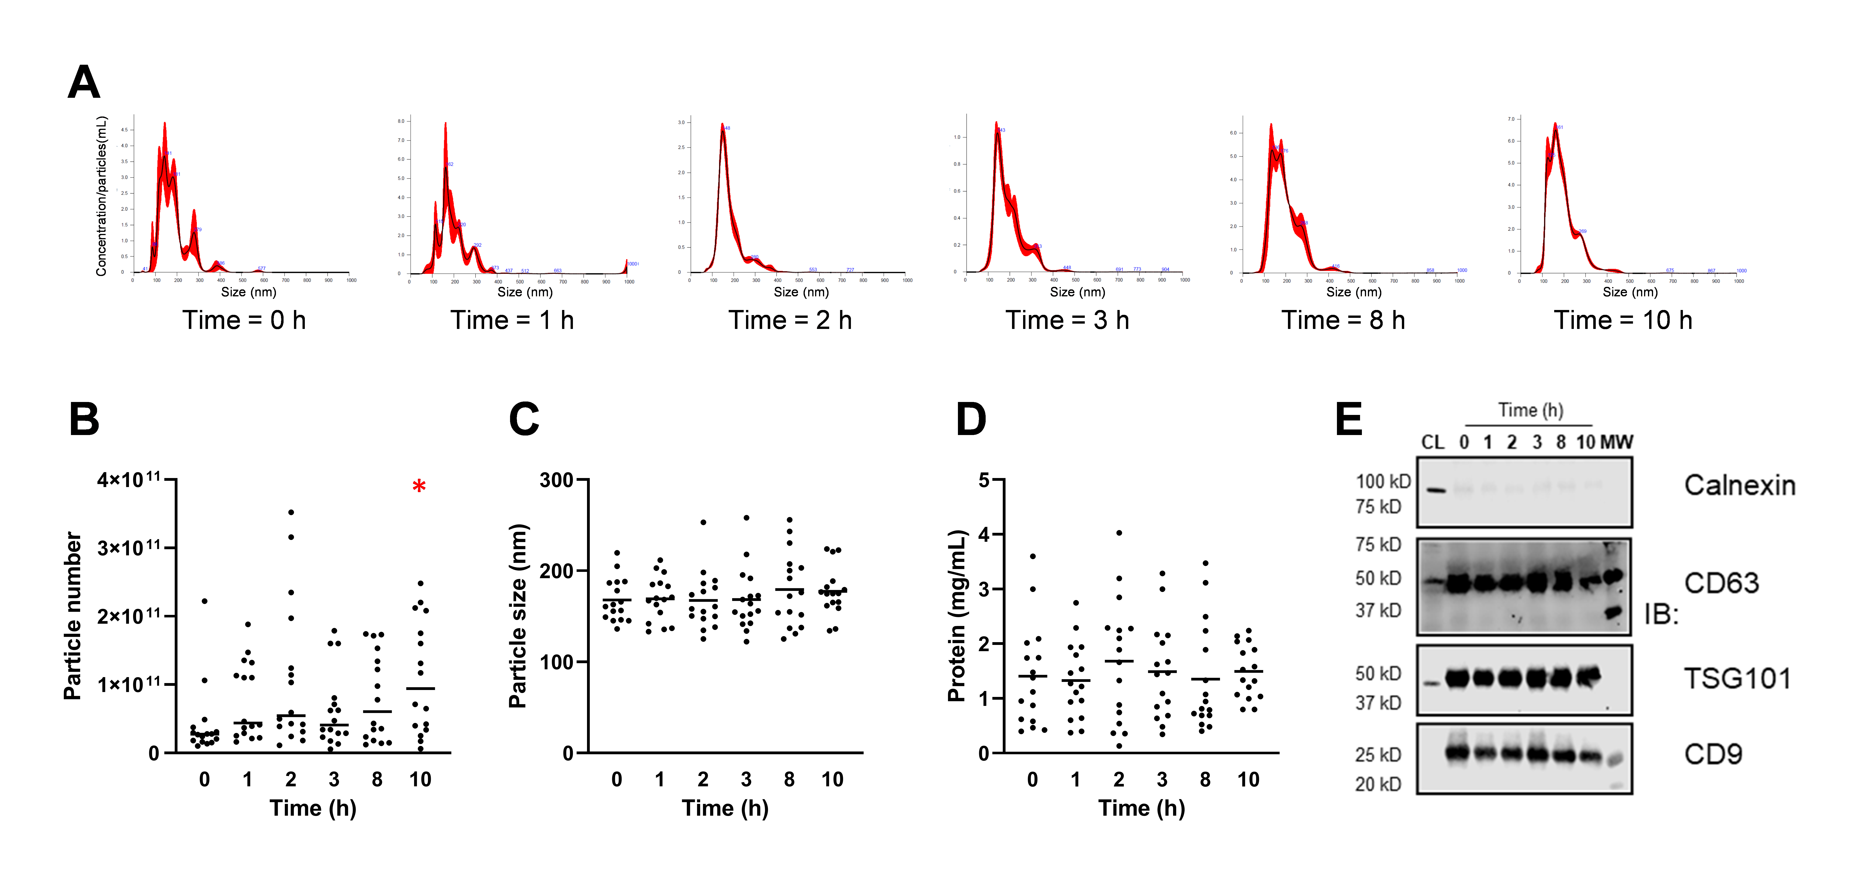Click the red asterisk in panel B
pyautogui.click(x=419, y=487)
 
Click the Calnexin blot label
pyautogui.click(x=1739, y=485)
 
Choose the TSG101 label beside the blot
pyautogui.click(x=1737, y=679)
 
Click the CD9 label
pyautogui.click(x=1713, y=754)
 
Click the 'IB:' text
pyautogui.click(x=1661, y=614)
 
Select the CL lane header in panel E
pyautogui.click(x=1433, y=442)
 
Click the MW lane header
pyautogui.click(x=1617, y=442)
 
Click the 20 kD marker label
pyautogui.click(x=1378, y=784)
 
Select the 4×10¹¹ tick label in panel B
pyautogui.click(x=129, y=479)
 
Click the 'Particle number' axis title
pyautogui.click(x=73, y=616)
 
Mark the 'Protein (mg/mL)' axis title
pyautogui.click(x=956, y=616)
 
